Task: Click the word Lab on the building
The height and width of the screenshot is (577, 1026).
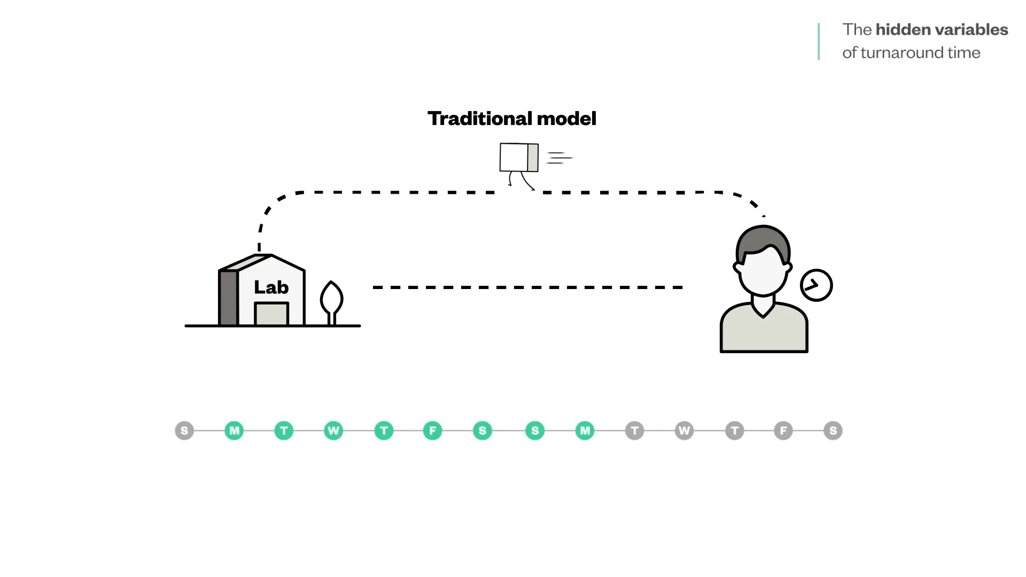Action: (x=271, y=287)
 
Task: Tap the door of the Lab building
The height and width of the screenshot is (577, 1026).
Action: (x=271, y=315)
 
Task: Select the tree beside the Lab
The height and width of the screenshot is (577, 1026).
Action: (x=331, y=299)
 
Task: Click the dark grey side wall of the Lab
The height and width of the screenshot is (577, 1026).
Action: (x=228, y=298)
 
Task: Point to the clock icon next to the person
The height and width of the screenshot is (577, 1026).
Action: (x=816, y=285)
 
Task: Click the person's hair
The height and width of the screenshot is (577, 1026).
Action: (x=763, y=240)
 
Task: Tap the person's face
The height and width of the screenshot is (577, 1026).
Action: (x=763, y=272)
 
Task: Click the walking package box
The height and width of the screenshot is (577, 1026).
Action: (x=518, y=158)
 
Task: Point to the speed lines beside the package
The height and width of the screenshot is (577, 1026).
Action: (x=559, y=158)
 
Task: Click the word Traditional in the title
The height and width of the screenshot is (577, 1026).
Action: (x=479, y=119)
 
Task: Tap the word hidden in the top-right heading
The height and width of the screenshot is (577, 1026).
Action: (x=903, y=29)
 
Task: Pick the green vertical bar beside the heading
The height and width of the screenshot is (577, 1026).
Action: (x=819, y=41)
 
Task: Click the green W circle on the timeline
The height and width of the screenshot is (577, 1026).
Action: (x=333, y=431)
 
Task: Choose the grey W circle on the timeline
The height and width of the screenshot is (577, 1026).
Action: (x=684, y=431)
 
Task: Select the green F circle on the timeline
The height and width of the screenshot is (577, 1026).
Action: (x=432, y=431)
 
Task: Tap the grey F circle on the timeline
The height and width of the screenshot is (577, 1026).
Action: (x=783, y=431)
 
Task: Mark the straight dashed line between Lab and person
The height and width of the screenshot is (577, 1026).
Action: (x=528, y=287)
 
